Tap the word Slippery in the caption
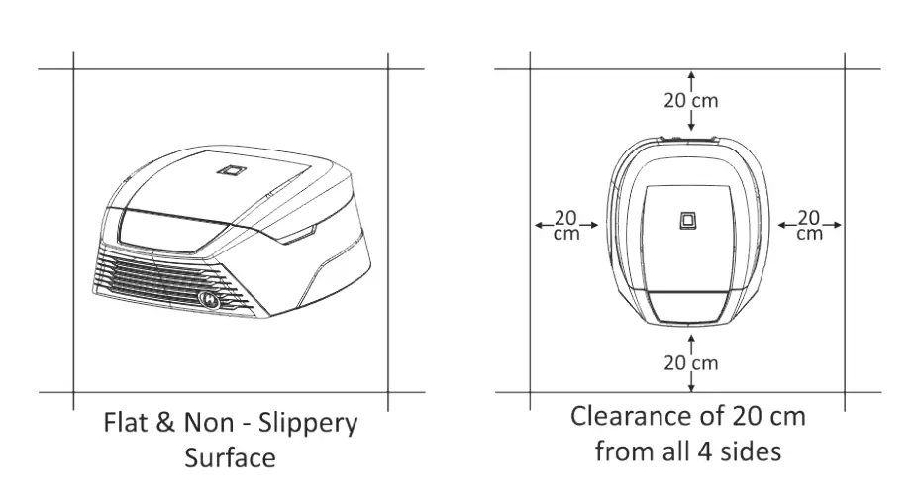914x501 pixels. [x=308, y=424]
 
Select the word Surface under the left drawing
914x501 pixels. [x=230, y=457]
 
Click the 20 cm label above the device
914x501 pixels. [x=690, y=100]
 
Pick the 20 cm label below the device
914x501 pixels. [x=690, y=362]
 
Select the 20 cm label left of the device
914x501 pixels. [x=566, y=225]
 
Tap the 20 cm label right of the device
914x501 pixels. [x=809, y=225]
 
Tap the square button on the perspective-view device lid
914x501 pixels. [x=231, y=172]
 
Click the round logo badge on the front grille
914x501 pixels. [x=210, y=296]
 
